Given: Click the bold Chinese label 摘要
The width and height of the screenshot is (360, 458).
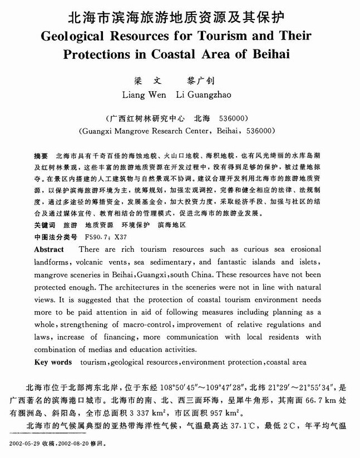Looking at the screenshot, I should [41, 152].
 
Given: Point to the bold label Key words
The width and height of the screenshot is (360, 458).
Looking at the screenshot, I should [53, 362].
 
